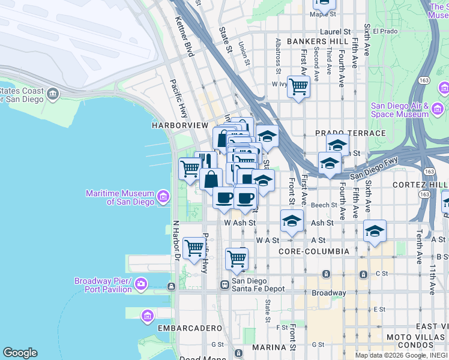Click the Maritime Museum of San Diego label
click(120, 198)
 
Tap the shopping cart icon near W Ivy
click(298, 87)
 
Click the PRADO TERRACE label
click(351, 133)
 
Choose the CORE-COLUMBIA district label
click(310, 251)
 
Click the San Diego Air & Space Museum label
click(399, 110)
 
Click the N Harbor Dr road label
click(176, 241)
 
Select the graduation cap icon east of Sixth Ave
click(375, 231)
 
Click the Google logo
click(20, 353)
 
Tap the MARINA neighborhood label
click(269, 347)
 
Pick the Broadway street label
click(328, 293)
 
